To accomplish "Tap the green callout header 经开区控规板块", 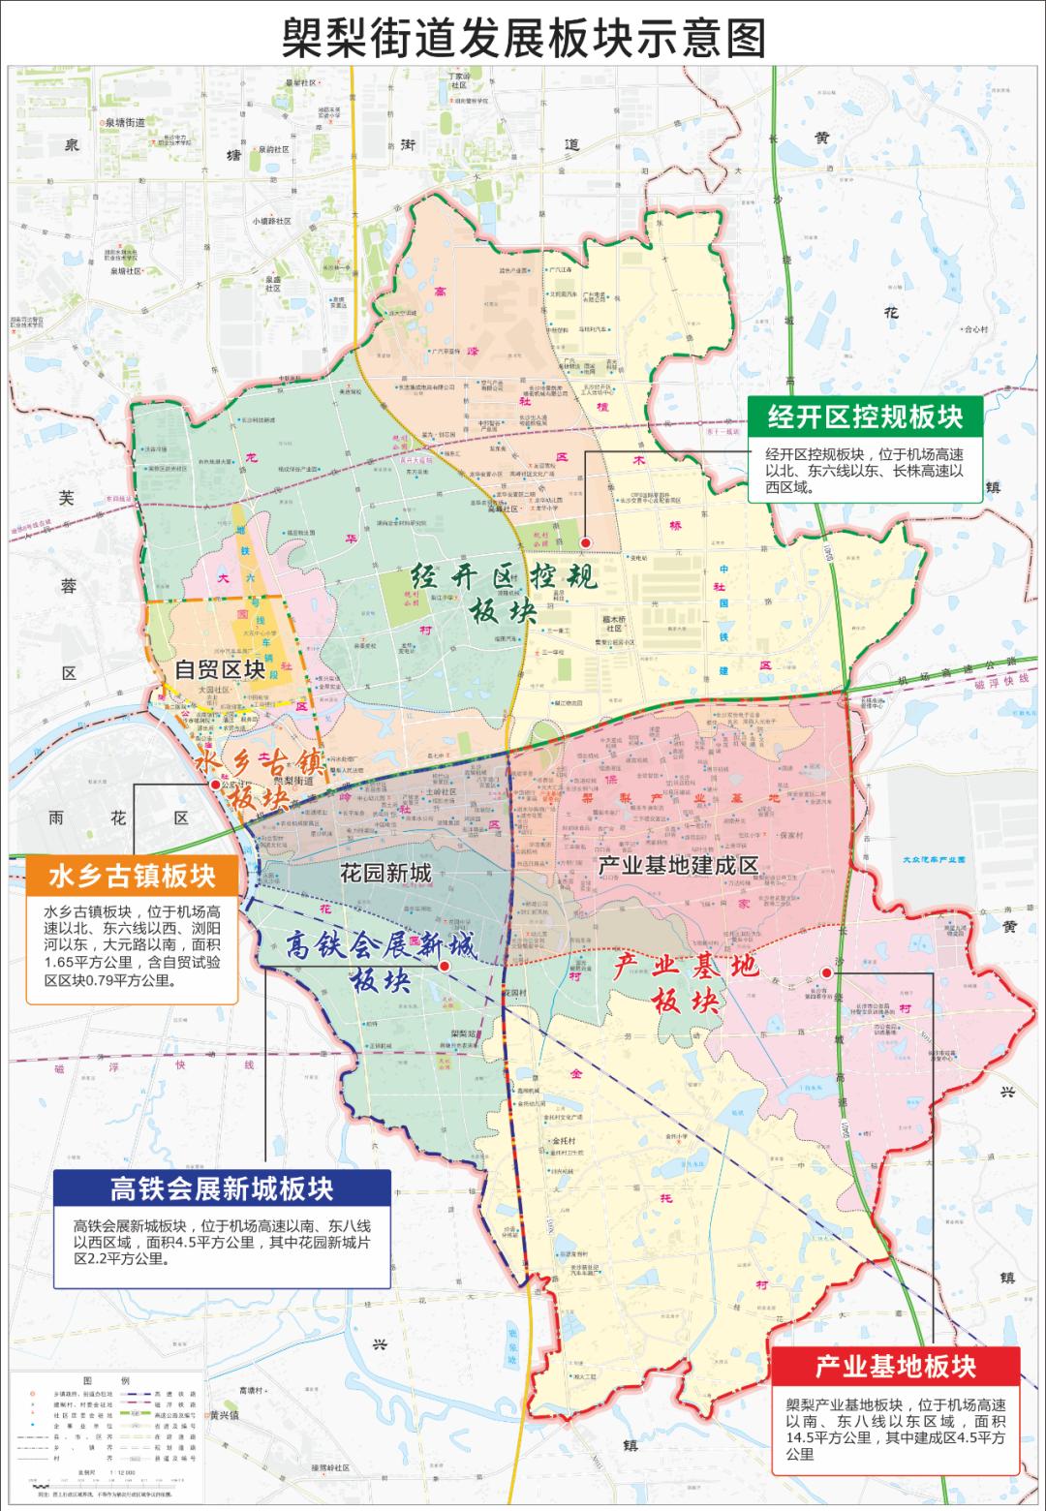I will (x=865, y=416).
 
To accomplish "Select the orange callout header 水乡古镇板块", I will (x=133, y=877).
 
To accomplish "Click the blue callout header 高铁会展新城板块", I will (x=222, y=1188).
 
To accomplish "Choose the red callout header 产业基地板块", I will (x=895, y=1367).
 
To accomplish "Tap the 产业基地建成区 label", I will (x=677, y=865).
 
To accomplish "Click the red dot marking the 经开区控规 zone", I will (x=586, y=542).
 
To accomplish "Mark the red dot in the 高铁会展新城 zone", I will (x=444, y=967).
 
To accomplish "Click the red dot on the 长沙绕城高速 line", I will (x=826, y=972).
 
